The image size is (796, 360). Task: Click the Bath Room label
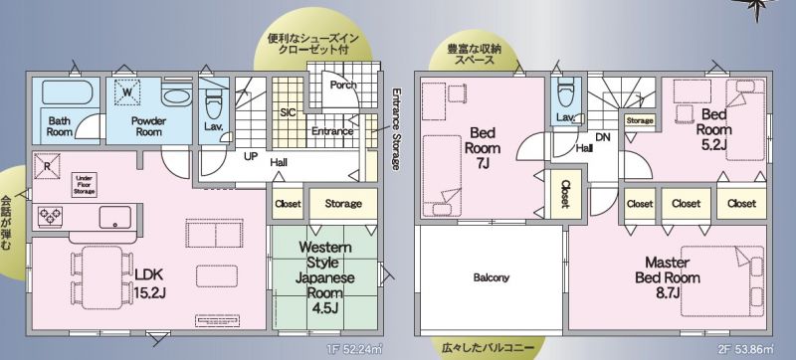pyautogui.click(x=60, y=126)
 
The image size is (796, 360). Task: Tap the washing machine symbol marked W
pyautogui.click(x=127, y=92)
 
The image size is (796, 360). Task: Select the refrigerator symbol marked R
pyautogui.click(x=47, y=166)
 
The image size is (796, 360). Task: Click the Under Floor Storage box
pyautogui.click(x=84, y=185)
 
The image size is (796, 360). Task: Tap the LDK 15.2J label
pyautogui.click(x=148, y=283)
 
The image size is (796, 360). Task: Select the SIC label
pyautogui.click(x=288, y=113)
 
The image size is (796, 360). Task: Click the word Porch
pyautogui.click(x=343, y=85)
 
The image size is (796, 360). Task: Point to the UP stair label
pyautogui.click(x=251, y=157)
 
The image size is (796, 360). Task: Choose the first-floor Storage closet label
pyautogui.click(x=343, y=203)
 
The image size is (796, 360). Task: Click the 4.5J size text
pyautogui.click(x=325, y=308)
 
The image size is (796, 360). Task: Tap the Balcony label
pyautogui.click(x=491, y=277)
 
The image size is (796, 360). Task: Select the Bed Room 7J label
pyautogui.click(x=485, y=147)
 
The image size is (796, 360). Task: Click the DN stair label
pyautogui.click(x=603, y=137)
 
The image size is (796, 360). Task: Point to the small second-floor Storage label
pyautogui.click(x=640, y=121)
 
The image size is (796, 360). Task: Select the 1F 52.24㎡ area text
pyautogui.click(x=356, y=349)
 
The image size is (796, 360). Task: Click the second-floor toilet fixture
pyautogui.click(x=564, y=92)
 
